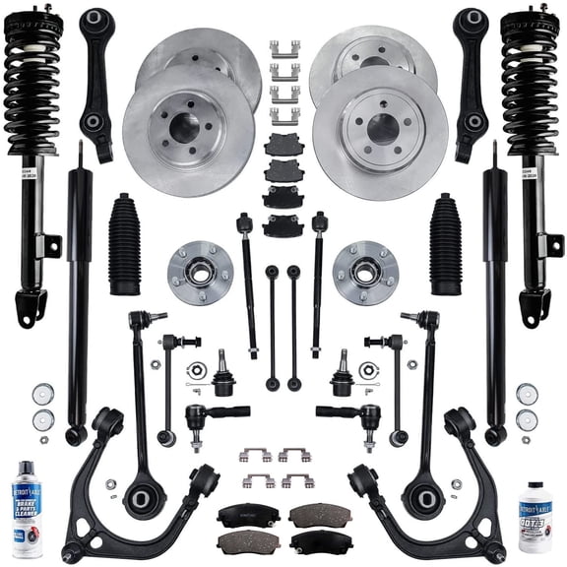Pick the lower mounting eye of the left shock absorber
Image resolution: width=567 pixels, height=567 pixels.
pos(76,434)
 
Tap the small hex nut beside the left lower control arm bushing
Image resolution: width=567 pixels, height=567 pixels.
pos(112,484)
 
